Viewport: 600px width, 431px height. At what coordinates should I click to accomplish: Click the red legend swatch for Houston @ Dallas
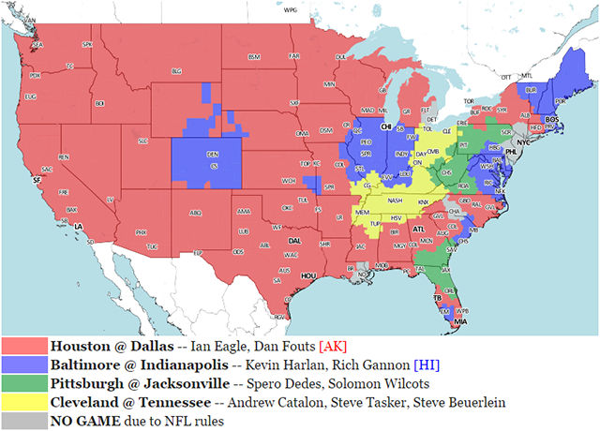pyautogui.click(x=24, y=346)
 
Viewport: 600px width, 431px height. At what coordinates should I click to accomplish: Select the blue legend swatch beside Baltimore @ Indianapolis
pyautogui.click(x=24, y=363)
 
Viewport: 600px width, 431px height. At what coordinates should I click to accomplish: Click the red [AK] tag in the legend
pyautogui.click(x=336, y=346)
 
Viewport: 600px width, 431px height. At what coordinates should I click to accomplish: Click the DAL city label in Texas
pyautogui.click(x=293, y=241)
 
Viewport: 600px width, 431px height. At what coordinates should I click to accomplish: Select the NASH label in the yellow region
pyautogui.click(x=396, y=200)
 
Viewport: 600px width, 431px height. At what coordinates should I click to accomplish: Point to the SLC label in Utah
pyautogui.click(x=143, y=141)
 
